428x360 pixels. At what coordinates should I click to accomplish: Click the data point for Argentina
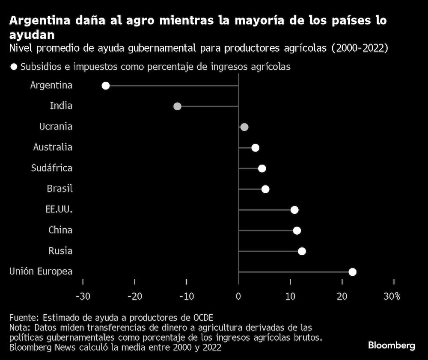(106, 86)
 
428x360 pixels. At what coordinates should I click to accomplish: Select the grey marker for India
(177, 106)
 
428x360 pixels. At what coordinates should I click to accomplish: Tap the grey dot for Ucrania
(244, 127)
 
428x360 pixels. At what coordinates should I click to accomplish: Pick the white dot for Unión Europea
(352, 272)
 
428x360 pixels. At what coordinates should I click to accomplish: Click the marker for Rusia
(302, 251)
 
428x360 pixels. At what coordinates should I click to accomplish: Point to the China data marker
(297, 230)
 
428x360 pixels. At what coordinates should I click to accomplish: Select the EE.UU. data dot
(294, 210)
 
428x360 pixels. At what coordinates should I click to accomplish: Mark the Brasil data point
(265, 189)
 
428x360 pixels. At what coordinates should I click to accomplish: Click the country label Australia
(53, 148)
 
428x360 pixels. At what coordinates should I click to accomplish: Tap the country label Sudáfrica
(52, 168)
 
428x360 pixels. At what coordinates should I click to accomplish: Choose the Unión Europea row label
(41, 271)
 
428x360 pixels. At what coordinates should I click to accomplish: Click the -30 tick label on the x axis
(83, 296)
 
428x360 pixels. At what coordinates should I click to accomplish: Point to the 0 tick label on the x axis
(238, 296)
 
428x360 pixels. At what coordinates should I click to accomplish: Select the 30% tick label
(392, 296)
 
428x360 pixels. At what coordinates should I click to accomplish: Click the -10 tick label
(186, 296)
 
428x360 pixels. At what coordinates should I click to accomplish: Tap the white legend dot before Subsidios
(14, 67)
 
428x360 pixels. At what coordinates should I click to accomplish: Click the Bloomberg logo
(392, 345)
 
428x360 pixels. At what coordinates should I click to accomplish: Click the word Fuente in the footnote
(24, 318)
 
